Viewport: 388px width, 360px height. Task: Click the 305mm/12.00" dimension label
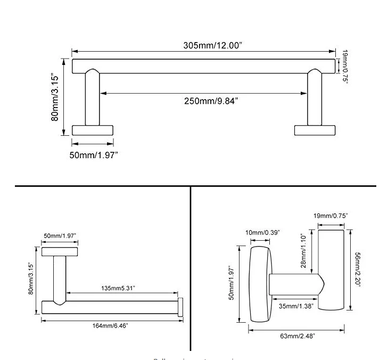[213, 45]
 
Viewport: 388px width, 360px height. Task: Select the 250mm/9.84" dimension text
[211, 101]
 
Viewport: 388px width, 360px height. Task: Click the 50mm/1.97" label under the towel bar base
[94, 154]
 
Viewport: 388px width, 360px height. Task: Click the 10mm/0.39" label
[262, 233]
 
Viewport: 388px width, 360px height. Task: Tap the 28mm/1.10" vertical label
[303, 251]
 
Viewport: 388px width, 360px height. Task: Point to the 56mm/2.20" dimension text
[358, 269]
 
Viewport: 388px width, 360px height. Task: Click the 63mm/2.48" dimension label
[298, 336]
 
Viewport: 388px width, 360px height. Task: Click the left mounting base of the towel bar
[92, 130]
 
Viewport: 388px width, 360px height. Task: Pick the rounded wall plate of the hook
[261, 284]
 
